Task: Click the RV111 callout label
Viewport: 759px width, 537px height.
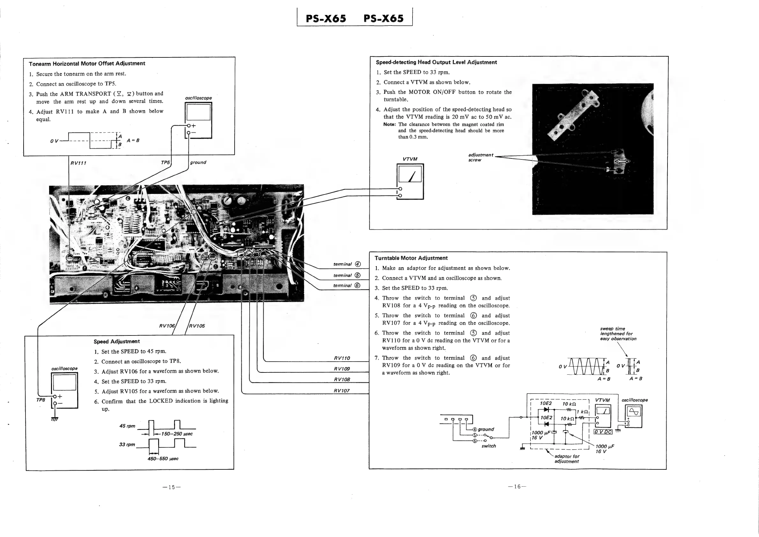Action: click(x=78, y=163)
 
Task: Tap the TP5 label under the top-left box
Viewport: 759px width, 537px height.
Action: click(x=165, y=162)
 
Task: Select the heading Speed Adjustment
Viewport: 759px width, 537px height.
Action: click(x=116, y=341)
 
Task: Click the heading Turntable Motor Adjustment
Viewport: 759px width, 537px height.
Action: click(x=411, y=258)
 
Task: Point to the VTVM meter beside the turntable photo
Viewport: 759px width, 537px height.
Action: click(x=410, y=181)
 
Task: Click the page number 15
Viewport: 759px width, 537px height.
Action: click(x=172, y=487)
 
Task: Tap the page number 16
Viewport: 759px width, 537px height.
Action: click(x=517, y=486)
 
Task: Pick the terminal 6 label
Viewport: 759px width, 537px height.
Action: click(x=347, y=285)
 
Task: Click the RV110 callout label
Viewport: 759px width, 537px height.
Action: click(x=342, y=358)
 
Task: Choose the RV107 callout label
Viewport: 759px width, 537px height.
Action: click(x=341, y=391)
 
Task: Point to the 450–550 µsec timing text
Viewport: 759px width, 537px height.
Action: click(x=163, y=459)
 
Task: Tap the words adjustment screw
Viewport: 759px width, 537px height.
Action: click(x=480, y=158)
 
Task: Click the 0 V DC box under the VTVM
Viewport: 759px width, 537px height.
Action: click(x=603, y=432)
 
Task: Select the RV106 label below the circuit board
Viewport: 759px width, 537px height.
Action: click(x=167, y=326)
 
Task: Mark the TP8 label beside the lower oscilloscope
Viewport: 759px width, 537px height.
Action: click(x=41, y=400)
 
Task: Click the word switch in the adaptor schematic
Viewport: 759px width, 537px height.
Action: click(x=489, y=446)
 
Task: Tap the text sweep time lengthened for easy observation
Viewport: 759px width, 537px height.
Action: click(x=618, y=334)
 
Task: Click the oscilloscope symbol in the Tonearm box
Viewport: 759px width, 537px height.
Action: click(x=198, y=120)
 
